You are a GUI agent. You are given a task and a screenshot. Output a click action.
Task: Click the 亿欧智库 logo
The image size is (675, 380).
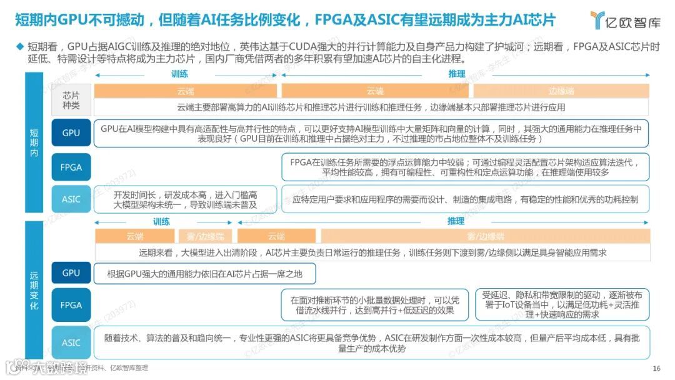[625, 20]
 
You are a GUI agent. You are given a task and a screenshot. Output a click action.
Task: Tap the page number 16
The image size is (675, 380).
[656, 368]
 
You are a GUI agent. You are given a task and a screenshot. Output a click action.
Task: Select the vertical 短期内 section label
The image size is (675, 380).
[34, 142]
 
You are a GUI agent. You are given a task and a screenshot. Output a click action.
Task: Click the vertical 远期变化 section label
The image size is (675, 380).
[34, 290]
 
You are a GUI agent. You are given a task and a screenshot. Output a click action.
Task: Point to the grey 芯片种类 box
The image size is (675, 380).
[71, 101]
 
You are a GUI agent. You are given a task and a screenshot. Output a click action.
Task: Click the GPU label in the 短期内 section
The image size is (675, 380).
[71, 133]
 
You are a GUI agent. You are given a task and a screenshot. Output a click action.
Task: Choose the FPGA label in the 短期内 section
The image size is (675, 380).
[71, 167]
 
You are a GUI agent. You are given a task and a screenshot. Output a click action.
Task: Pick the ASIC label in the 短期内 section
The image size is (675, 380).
[71, 199]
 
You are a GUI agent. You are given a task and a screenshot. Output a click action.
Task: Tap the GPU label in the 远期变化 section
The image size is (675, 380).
[71, 273]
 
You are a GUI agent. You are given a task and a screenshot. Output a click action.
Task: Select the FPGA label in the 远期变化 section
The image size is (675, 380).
[71, 305]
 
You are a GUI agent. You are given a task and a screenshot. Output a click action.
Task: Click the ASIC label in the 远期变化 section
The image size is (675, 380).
[71, 342]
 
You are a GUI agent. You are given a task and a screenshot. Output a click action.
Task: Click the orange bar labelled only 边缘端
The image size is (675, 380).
[561, 91]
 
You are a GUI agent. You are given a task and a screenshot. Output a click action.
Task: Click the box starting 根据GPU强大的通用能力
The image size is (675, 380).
[204, 274]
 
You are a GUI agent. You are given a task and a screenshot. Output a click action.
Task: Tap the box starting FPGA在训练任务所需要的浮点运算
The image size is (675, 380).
[465, 167]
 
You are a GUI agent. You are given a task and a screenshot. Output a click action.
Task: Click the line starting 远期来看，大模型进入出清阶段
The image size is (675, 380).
[372, 253]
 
